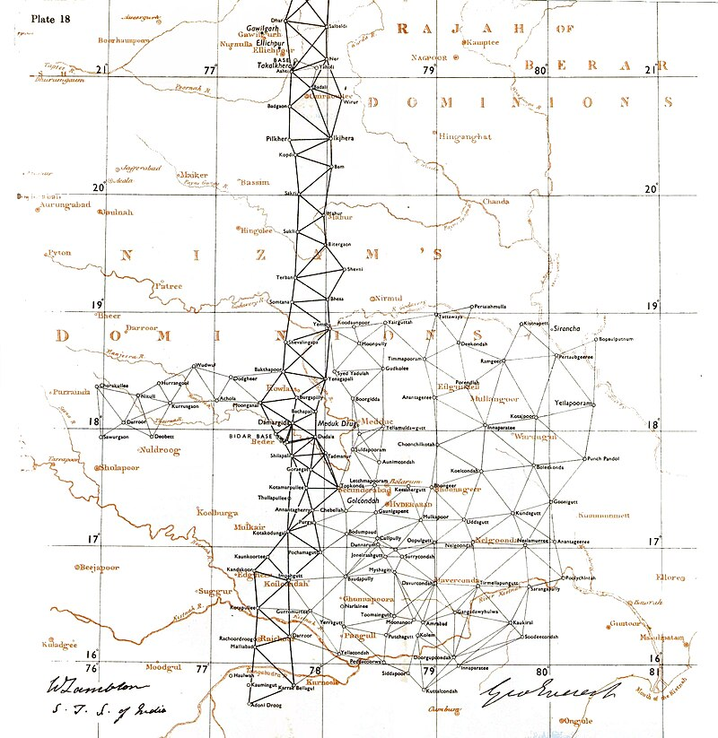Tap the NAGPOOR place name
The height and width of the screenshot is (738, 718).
coord(428,57)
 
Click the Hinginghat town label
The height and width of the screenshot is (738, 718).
coord(465,137)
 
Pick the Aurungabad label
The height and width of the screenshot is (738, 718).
coord(66,204)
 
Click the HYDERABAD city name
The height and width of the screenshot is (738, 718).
coord(409,505)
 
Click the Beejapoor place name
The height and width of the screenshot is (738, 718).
coord(99,567)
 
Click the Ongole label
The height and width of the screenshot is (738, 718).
coord(578,719)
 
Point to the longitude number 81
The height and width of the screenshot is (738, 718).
coord(656,671)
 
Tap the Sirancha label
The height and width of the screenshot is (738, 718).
coord(567,328)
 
